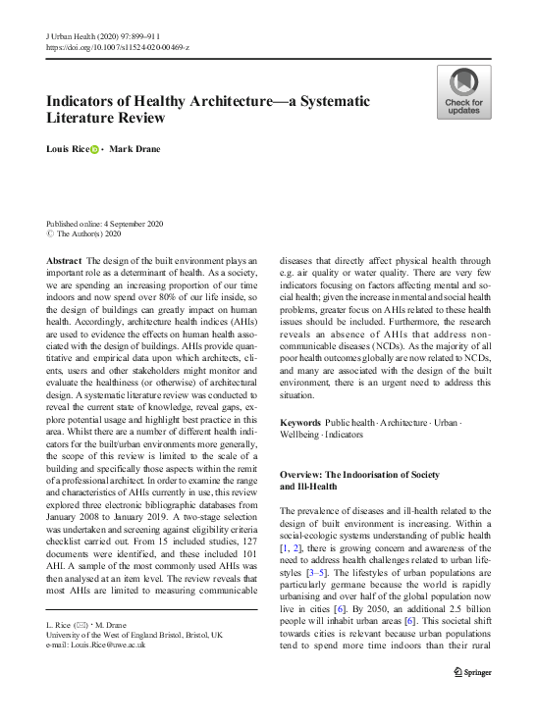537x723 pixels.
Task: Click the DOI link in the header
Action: click(118, 46)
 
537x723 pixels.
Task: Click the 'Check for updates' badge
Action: click(463, 92)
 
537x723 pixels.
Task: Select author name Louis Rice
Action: click(68, 150)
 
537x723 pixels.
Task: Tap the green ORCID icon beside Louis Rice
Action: click(95, 150)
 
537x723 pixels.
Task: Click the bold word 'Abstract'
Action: click(64, 259)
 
